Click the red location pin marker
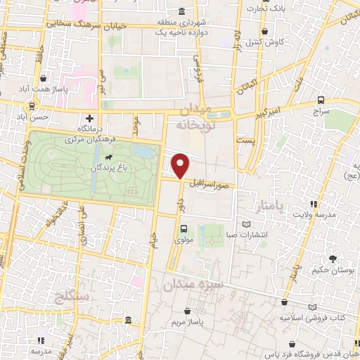(x=181, y=166)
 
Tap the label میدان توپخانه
(x=193, y=119)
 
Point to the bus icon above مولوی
(x=184, y=228)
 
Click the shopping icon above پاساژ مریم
(x=187, y=310)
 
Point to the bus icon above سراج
(x=321, y=101)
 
